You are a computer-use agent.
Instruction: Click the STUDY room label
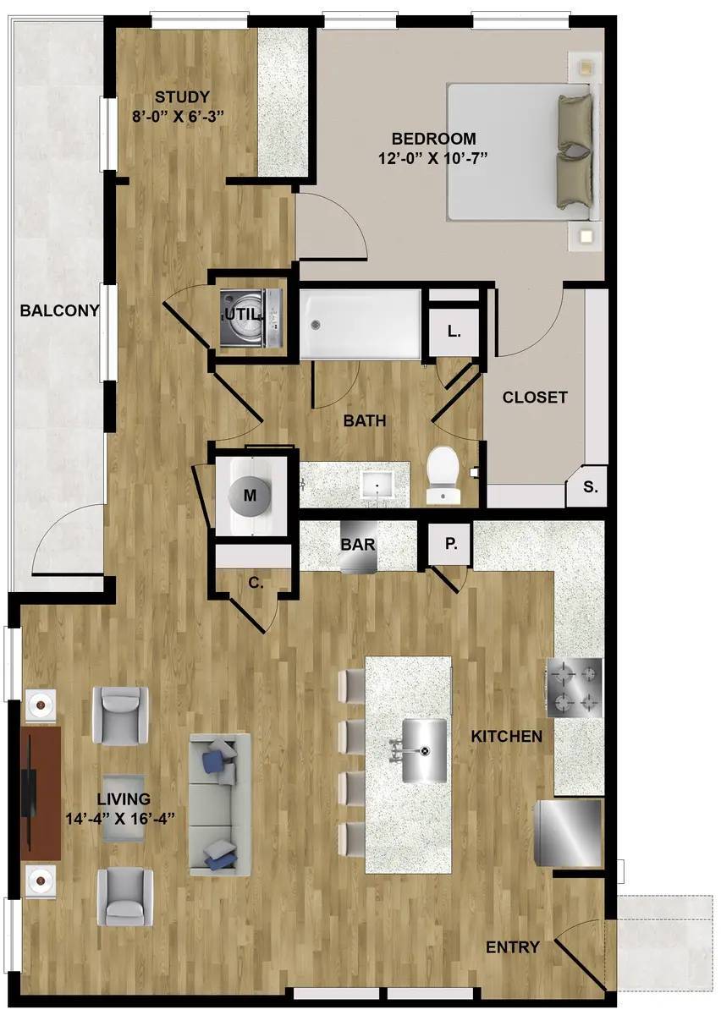(182, 97)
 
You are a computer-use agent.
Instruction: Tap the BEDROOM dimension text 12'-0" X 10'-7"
(433, 159)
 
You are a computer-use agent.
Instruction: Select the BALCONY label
(59, 311)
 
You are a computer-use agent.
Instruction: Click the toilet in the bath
(443, 475)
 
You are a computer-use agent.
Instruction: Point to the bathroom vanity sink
(377, 486)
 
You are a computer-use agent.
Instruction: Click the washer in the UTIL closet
(251, 313)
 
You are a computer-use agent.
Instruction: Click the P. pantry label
(451, 544)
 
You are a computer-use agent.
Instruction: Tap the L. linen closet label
(454, 332)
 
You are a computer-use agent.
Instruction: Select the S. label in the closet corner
(591, 487)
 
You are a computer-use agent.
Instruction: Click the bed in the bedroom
(525, 152)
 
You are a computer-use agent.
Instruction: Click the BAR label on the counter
(358, 544)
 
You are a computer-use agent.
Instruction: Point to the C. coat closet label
(256, 584)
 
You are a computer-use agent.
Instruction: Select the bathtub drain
(315, 325)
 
